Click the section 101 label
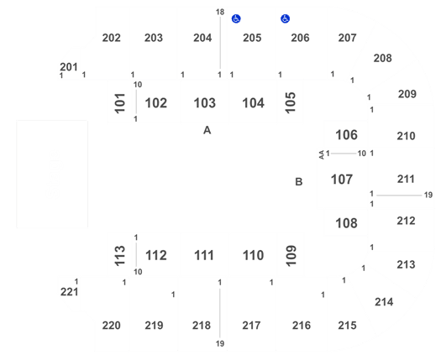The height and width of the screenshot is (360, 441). pyautogui.click(x=120, y=103)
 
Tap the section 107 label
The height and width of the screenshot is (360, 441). pyautogui.click(x=342, y=180)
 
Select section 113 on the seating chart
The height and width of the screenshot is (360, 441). pyautogui.click(x=120, y=255)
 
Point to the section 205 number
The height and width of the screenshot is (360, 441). pyautogui.click(x=252, y=38)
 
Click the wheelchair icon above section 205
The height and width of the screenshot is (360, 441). pyautogui.click(x=236, y=18)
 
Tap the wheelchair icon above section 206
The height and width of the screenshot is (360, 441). pyautogui.click(x=286, y=18)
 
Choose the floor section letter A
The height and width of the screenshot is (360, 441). pyautogui.click(x=207, y=130)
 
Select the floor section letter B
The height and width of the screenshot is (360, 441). pyautogui.click(x=299, y=182)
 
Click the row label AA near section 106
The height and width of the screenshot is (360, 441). pyautogui.click(x=322, y=155)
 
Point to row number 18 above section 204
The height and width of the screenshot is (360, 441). pyautogui.click(x=220, y=12)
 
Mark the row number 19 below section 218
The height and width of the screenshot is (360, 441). pyautogui.click(x=220, y=343)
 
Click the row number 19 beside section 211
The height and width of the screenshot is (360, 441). pyautogui.click(x=428, y=195)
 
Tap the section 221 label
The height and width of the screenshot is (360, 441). pyautogui.click(x=69, y=292)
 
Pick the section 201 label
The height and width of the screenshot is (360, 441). pyautogui.click(x=69, y=67)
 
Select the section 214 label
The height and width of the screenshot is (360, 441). pyautogui.click(x=384, y=302)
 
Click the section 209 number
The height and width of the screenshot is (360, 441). pyautogui.click(x=407, y=94)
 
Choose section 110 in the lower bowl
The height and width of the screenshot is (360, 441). pyautogui.click(x=253, y=255)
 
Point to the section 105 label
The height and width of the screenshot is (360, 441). pyautogui.click(x=291, y=103)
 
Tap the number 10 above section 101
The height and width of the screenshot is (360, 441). pyautogui.click(x=138, y=85)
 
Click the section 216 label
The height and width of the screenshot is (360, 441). pyautogui.click(x=302, y=326)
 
